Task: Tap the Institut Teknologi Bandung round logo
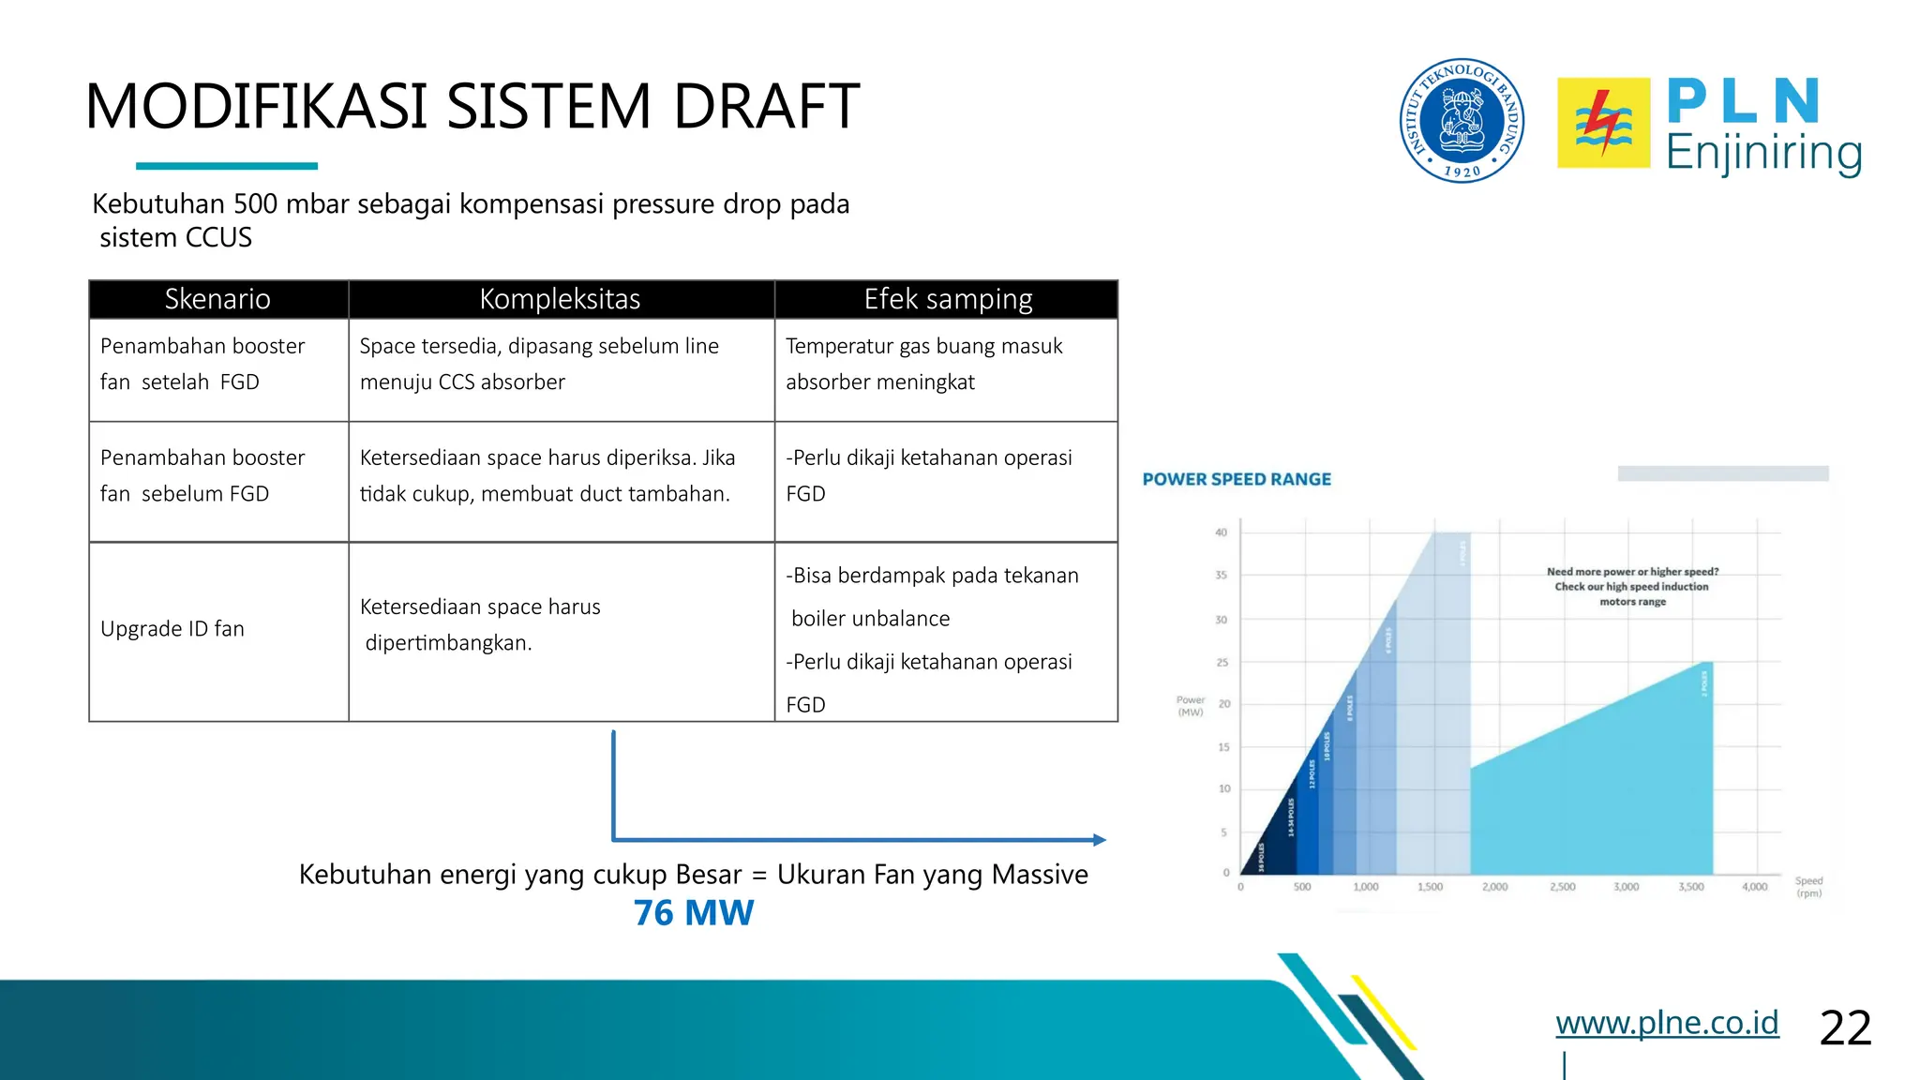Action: (1462, 120)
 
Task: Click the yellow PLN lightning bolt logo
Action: (1603, 123)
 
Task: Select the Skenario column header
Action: (217, 299)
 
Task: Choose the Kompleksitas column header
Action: (561, 299)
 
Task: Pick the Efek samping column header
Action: (947, 299)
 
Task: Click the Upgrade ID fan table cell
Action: (172, 629)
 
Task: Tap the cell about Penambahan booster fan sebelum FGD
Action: (202, 475)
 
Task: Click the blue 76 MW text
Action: (693, 912)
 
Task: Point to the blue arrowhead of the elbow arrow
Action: (1100, 840)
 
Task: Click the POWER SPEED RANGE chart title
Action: (1237, 479)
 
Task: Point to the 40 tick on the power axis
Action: (1221, 532)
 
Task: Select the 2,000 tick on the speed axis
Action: (1495, 887)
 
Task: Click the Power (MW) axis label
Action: (1190, 706)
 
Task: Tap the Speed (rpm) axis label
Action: (1808, 887)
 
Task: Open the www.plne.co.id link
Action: (1667, 1022)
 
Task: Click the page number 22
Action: (1845, 1027)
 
